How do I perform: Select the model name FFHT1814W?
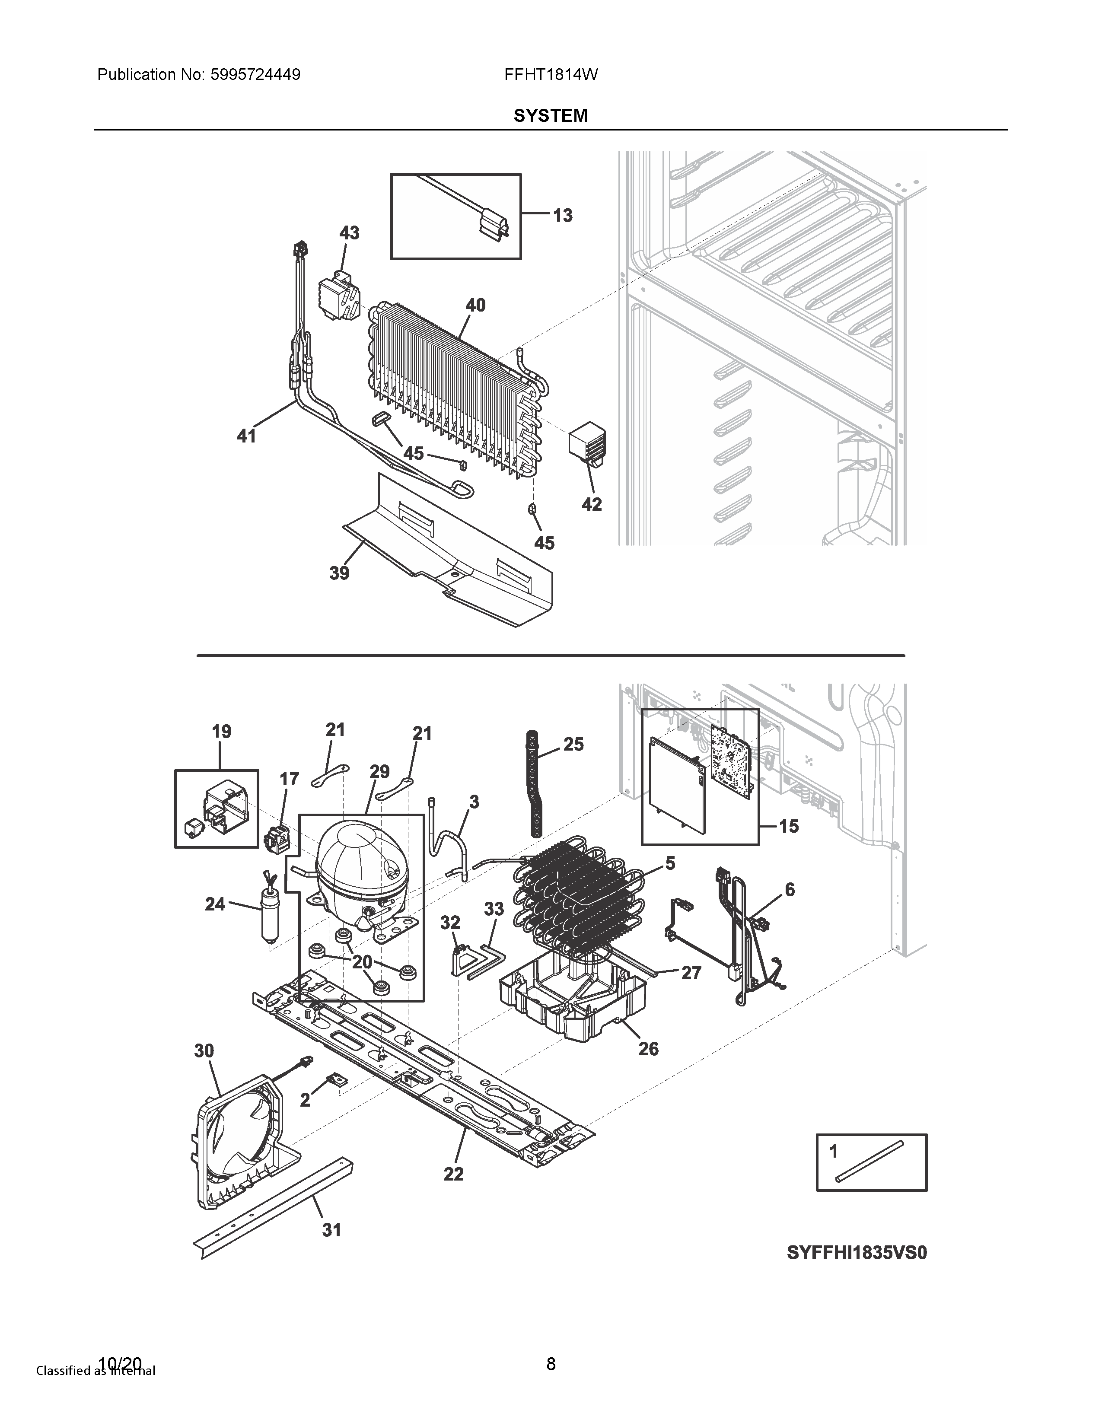pos(550,74)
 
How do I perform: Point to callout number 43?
pos(349,232)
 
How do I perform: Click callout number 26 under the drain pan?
pos(648,1049)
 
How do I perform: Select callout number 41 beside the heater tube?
pos(246,436)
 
